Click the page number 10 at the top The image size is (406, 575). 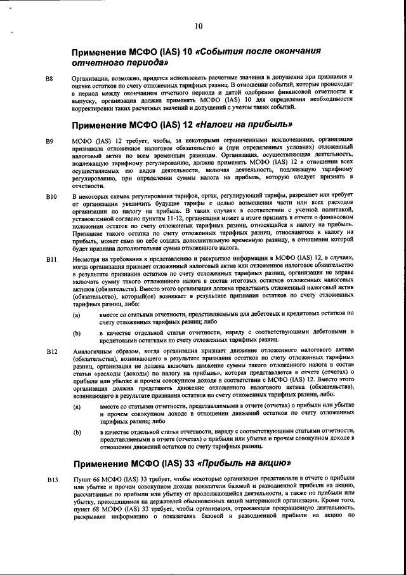coord(199,26)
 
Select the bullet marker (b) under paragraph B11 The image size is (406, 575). coord(77,332)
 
